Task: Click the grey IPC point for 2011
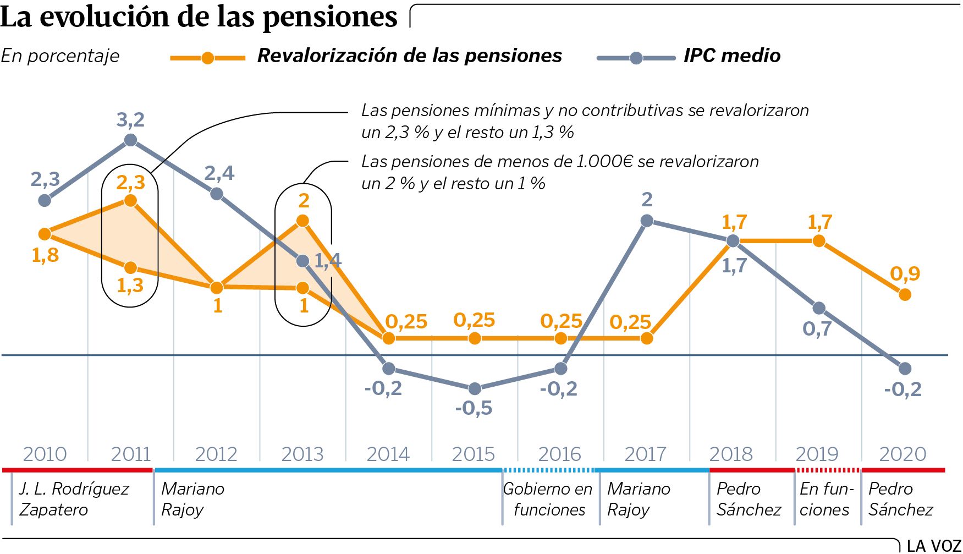pos(130,140)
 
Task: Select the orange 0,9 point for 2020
pos(905,295)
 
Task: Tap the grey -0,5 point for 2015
pos(475,388)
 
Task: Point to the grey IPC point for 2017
pos(647,221)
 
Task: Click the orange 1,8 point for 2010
pos(45,234)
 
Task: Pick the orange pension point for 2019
pos(819,241)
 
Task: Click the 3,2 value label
pos(130,119)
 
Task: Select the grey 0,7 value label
pos(817,329)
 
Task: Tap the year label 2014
pos(388,454)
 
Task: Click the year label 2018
pos(731,454)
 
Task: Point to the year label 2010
pos(45,454)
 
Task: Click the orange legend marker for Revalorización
pos(207,58)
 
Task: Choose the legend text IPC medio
pos(732,56)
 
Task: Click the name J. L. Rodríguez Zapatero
pos(73,499)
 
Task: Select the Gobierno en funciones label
pos(548,499)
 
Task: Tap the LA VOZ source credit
pos(933,546)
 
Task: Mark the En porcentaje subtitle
pos(60,56)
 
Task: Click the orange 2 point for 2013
pos(302,221)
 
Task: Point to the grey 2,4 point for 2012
pos(217,194)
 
